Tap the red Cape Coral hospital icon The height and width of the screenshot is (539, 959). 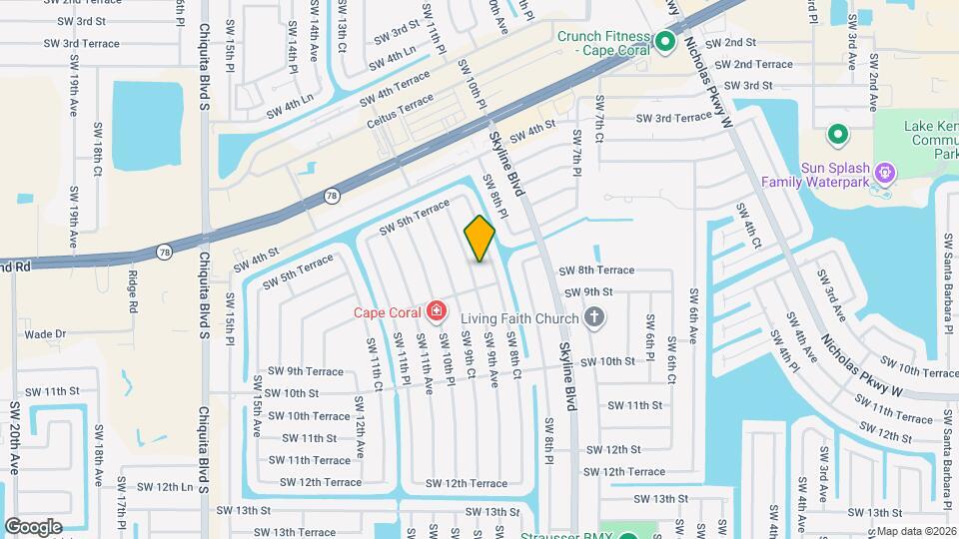[x=435, y=312]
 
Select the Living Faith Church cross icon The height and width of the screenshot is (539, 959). [x=594, y=319]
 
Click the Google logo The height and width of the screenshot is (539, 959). [x=32, y=526]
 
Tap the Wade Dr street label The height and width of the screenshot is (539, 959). [x=44, y=334]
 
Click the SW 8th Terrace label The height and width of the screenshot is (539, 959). [x=596, y=270]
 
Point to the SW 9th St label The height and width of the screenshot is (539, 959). [x=588, y=292]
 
